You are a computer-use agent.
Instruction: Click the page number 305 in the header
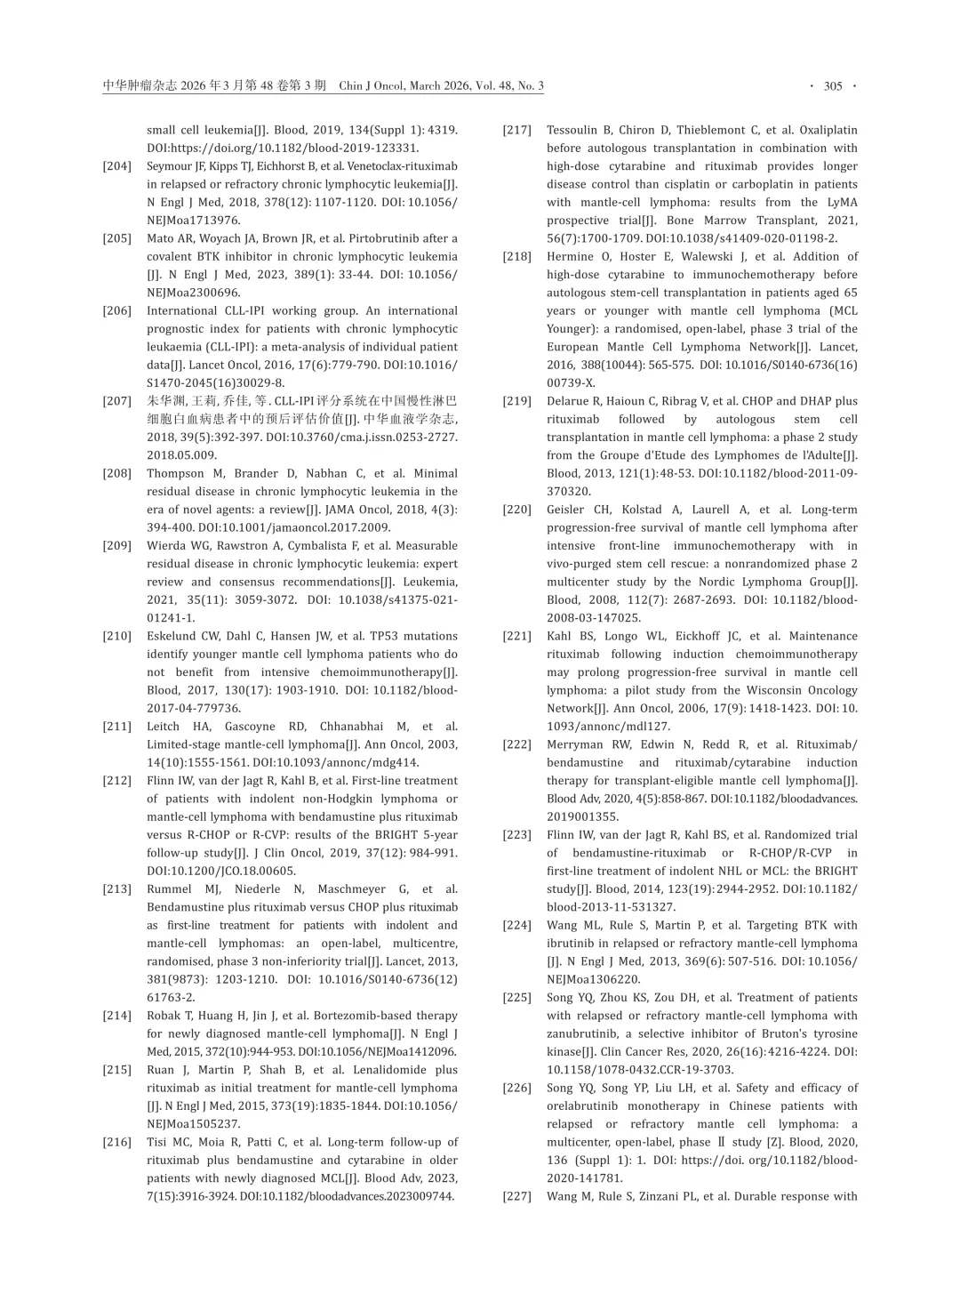click(833, 86)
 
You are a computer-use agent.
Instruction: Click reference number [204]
click(117, 166)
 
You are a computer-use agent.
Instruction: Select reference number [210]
click(117, 637)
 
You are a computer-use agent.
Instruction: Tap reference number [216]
click(117, 1143)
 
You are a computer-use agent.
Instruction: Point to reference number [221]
click(517, 637)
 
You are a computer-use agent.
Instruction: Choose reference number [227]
click(517, 1197)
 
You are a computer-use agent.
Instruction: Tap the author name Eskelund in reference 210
click(172, 637)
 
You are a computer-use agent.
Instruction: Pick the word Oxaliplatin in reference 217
click(828, 130)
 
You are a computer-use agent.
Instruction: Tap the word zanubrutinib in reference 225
click(583, 1034)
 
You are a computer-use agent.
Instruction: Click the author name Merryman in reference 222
click(577, 745)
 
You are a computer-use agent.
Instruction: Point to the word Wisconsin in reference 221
click(777, 691)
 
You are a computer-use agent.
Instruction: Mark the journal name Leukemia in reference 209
click(431, 583)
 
